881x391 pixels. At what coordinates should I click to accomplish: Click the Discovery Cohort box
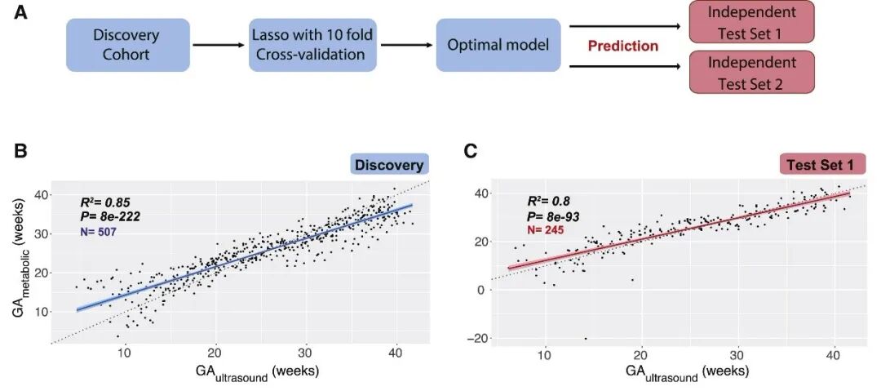click(126, 44)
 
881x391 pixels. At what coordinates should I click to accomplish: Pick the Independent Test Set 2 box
click(752, 73)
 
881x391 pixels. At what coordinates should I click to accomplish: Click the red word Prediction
click(623, 46)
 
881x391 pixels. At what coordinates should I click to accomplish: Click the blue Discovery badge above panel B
click(388, 165)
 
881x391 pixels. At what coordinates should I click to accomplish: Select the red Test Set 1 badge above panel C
click(821, 166)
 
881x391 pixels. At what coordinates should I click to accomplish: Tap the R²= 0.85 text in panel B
click(105, 202)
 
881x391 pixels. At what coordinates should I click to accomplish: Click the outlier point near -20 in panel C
click(586, 338)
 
